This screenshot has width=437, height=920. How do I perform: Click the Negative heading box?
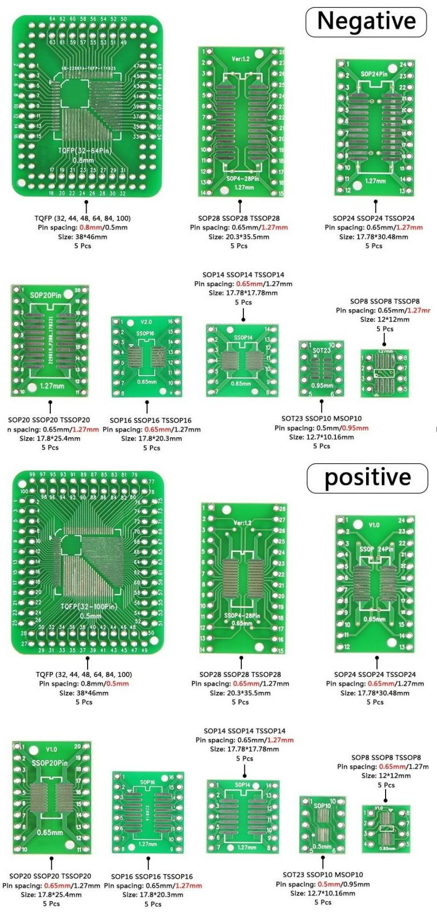coord(366,22)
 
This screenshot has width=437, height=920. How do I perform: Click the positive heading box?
coord(367,478)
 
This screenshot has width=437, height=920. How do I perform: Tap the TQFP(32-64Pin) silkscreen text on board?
coord(85,150)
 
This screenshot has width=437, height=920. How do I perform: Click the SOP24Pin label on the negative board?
coord(374,74)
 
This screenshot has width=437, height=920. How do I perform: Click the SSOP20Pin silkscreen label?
coord(49,763)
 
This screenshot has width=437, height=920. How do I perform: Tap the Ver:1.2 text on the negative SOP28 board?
coord(241,58)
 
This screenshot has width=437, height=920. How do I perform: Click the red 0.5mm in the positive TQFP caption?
coord(117,684)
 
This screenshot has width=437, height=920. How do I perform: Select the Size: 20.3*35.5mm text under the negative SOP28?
coord(239,237)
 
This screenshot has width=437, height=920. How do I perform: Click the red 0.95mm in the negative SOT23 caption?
coord(355,428)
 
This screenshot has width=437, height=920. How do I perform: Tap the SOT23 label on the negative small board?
coord(321,350)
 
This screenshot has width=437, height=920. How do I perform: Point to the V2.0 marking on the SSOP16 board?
coord(146,322)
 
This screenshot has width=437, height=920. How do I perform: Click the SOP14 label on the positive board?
coord(242,785)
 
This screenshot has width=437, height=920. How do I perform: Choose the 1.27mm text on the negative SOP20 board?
coord(52,386)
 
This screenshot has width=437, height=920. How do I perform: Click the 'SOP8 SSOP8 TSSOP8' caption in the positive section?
coord(386,758)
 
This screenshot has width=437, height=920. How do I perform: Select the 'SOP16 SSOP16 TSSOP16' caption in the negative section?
coord(150,420)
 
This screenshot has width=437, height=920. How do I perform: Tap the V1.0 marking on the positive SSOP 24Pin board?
coord(374,525)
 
